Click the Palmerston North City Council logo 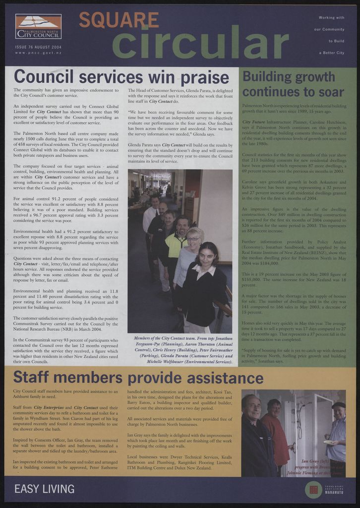38,26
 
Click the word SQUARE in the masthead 119,20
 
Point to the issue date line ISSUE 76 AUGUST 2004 38,47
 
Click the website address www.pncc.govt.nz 38,53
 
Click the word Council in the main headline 44,77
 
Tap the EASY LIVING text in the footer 44,489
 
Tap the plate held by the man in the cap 328,442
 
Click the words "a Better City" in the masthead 332,53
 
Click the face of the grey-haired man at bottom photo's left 253,408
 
